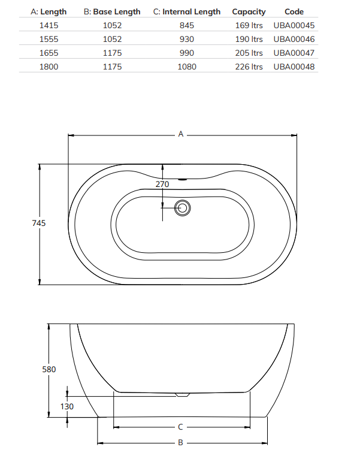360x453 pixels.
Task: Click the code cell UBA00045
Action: pyautogui.click(x=294, y=25)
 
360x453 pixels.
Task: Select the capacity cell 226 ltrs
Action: pyautogui.click(x=249, y=67)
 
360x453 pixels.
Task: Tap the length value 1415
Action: pyautogui.click(x=49, y=25)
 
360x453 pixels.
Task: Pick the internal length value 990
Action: pyautogui.click(x=187, y=53)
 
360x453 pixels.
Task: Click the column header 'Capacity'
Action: pyautogui.click(x=249, y=12)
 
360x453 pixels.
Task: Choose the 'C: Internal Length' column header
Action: pyautogui.click(x=187, y=12)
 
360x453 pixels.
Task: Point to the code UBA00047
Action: pyautogui.click(x=294, y=53)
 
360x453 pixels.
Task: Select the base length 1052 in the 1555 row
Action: pyautogui.click(x=112, y=40)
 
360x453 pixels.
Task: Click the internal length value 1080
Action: pyautogui.click(x=187, y=67)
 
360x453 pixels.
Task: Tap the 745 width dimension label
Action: pyautogui.click(x=39, y=223)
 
